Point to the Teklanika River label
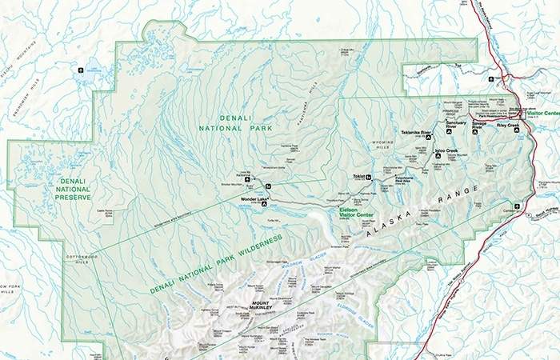coord(416,131)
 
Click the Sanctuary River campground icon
coord(450,132)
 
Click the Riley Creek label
coord(507,126)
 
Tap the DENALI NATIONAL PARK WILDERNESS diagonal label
coord(216,265)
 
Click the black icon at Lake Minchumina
coord(80,70)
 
